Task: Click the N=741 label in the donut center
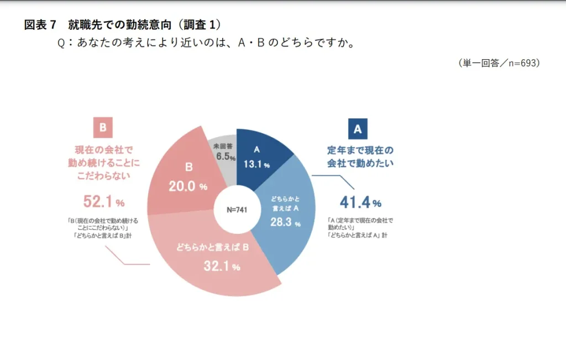tap(237, 210)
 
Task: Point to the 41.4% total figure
tap(360, 202)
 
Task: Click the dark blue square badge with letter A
tap(358, 129)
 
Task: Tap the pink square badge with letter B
tap(103, 128)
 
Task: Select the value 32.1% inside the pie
tap(220, 267)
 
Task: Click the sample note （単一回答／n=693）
tap(498, 63)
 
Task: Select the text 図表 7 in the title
tap(40, 25)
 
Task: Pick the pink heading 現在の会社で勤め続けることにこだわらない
tap(103, 161)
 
